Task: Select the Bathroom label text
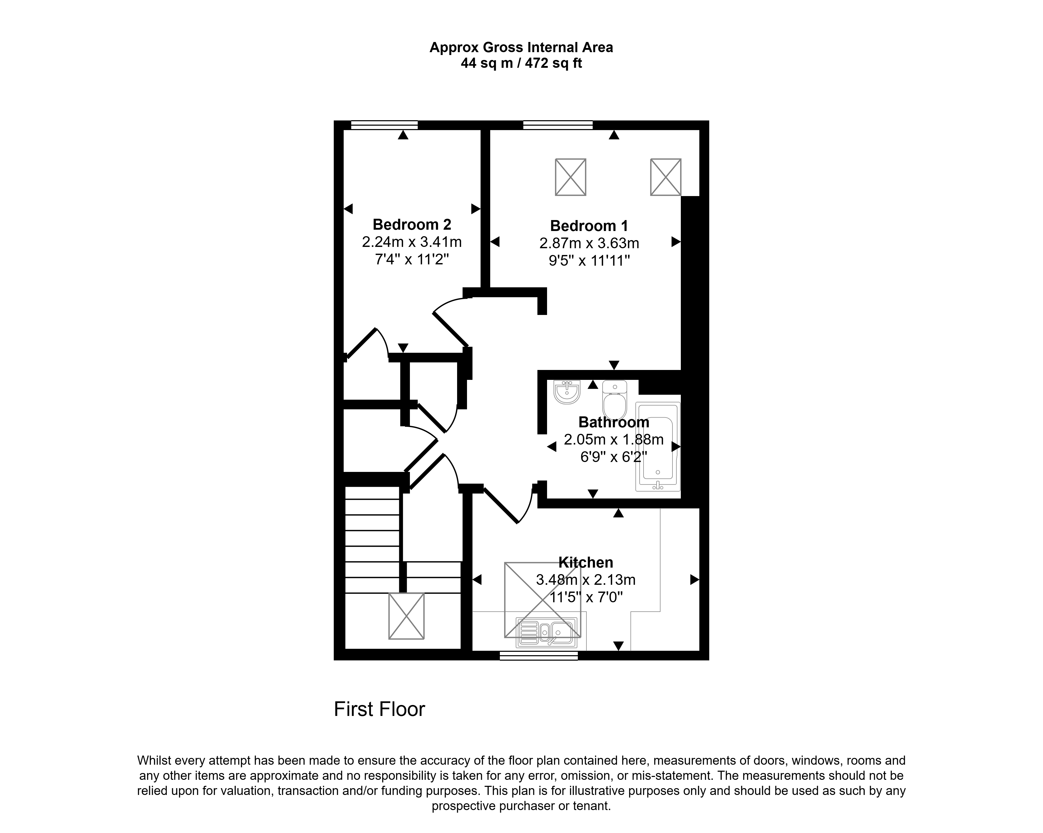click(x=614, y=422)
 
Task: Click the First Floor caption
click(x=379, y=710)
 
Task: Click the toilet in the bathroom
click(x=615, y=400)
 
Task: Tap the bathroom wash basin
click(x=567, y=392)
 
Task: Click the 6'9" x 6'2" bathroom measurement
click(x=614, y=457)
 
